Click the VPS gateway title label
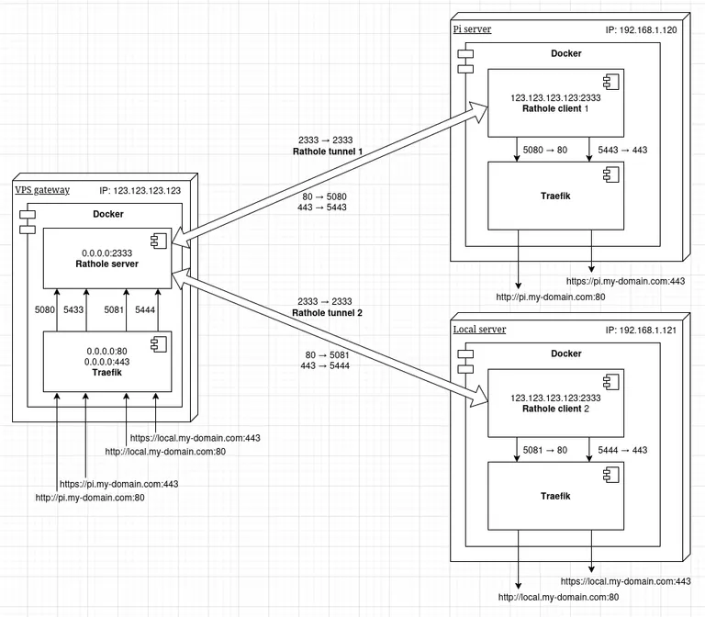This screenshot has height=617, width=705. (x=42, y=190)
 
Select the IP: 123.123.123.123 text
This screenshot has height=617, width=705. (x=140, y=190)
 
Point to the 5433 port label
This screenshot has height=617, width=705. (x=74, y=310)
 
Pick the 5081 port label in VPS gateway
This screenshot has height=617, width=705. (x=115, y=310)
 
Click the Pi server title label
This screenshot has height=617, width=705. (x=473, y=29)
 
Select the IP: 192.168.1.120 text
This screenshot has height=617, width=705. (x=640, y=29)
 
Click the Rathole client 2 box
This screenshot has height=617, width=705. (x=554, y=403)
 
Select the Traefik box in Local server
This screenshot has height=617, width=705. (x=554, y=496)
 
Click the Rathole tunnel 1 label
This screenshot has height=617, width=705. (x=328, y=151)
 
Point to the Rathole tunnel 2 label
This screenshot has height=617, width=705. (x=328, y=313)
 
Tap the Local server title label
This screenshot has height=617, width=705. (x=480, y=330)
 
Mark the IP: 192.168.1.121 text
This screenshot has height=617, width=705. (x=640, y=330)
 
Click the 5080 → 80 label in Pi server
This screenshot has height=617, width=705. (x=544, y=149)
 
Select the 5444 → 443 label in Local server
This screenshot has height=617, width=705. (x=623, y=450)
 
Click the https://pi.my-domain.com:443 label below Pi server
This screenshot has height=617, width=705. (x=625, y=282)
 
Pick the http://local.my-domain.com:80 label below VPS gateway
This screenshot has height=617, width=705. (x=165, y=452)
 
